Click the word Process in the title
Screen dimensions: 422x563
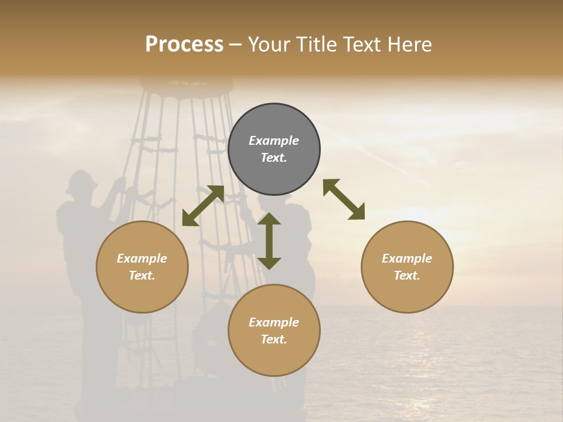(184, 45)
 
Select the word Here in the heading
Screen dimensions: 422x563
(410, 45)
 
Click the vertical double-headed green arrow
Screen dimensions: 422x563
(269, 241)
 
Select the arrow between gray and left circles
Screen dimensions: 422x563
(203, 206)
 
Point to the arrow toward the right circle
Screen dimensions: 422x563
(344, 199)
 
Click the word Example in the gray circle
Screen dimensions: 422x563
(274, 141)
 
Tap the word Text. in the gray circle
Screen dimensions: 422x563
(274, 158)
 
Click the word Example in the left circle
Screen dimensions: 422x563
(142, 258)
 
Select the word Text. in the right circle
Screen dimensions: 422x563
(407, 275)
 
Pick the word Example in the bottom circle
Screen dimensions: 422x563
(274, 322)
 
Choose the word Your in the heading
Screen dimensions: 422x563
(270, 45)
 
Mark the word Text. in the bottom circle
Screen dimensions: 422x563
(274, 339)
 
